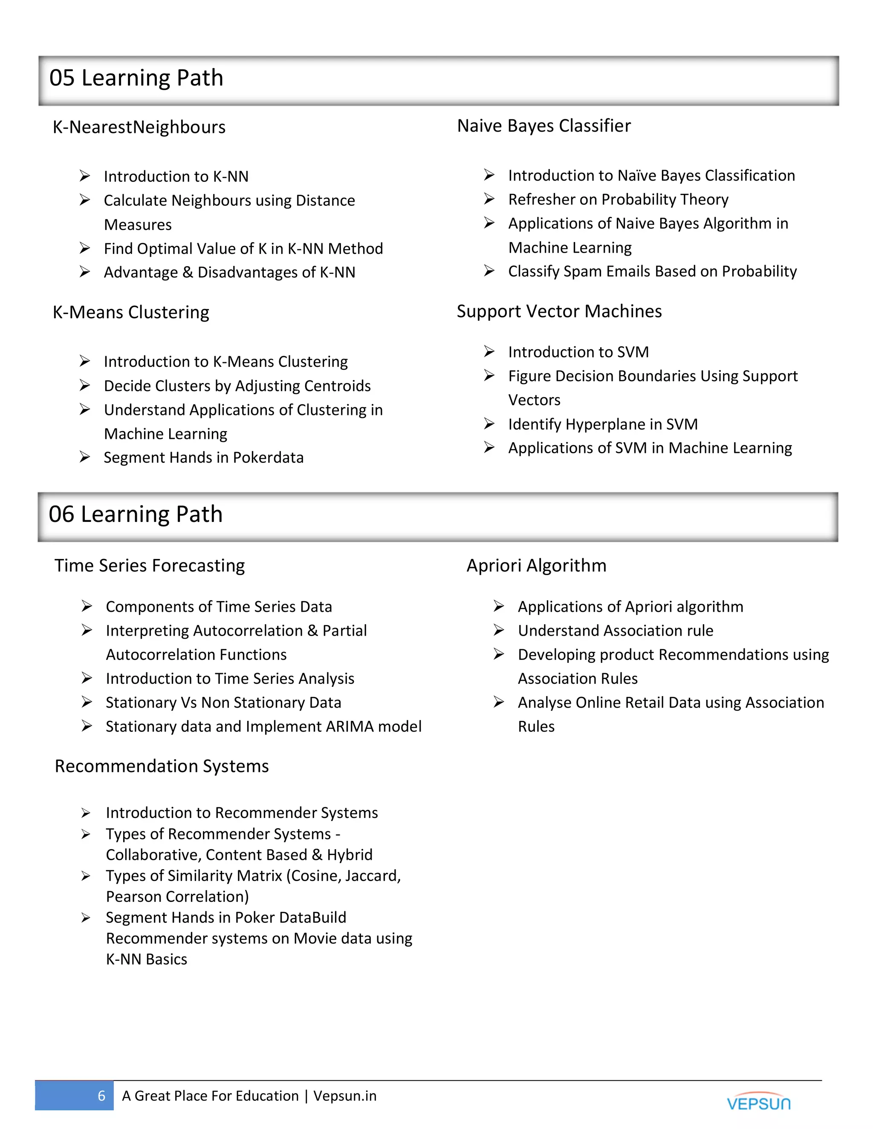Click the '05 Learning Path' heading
(136, 78)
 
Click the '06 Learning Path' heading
(136, 514)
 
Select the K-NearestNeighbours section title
(139, 127)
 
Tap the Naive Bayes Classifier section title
(543, 126)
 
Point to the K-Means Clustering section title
(131, 312)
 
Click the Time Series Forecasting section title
(150, 565)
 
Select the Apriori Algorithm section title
(536, 565)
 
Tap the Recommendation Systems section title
(162, 766)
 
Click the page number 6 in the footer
(101, 1095)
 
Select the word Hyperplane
(606, 424)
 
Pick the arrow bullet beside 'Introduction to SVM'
(489, 351)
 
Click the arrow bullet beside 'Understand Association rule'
(499, 630)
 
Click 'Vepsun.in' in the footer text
(344, 1095)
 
